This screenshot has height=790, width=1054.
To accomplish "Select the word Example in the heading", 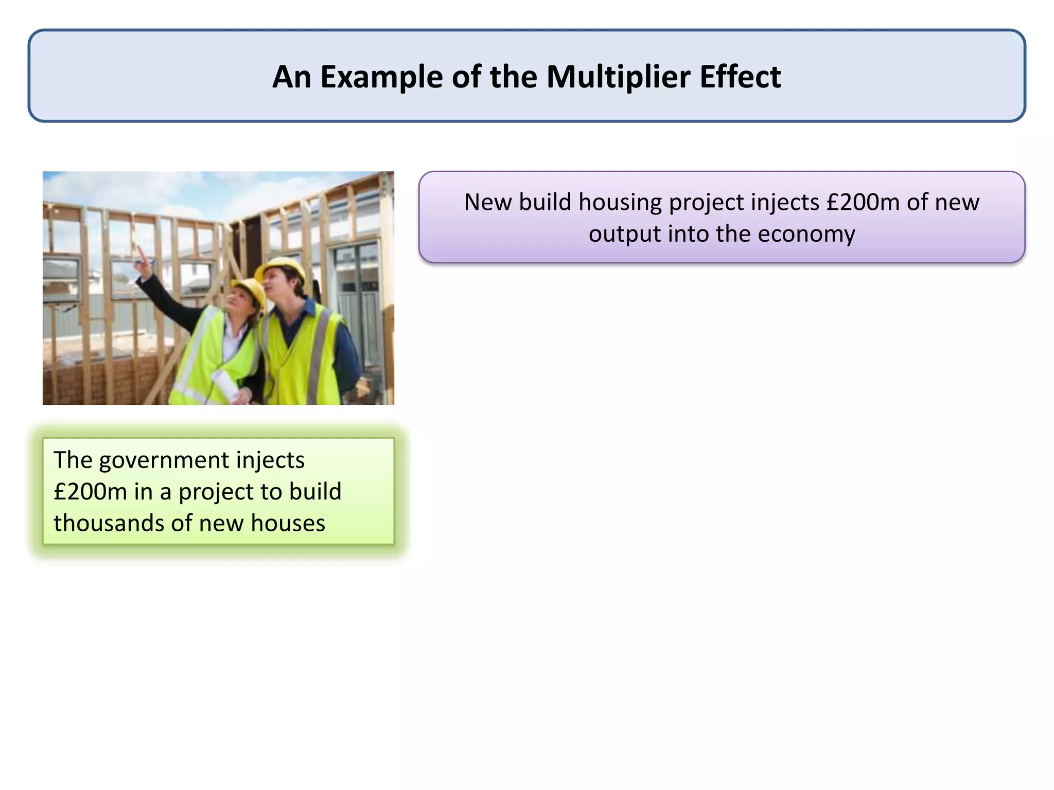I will point(381,77).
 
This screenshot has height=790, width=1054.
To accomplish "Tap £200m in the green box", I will point(90,492).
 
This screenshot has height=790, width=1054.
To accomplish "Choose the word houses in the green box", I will point(288,524).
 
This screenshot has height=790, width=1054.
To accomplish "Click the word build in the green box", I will point(315,492).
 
